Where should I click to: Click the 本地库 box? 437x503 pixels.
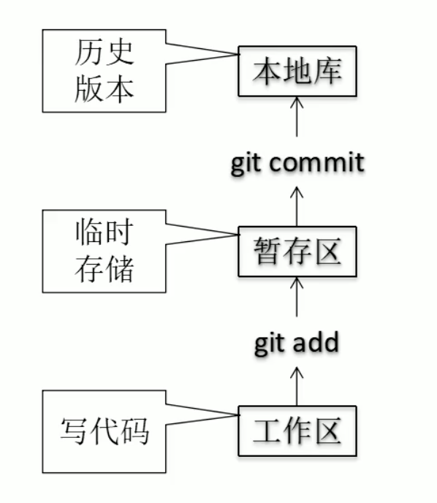click(296, 72)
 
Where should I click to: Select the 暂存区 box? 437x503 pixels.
click(296, 252)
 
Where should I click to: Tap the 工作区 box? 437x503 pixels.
click(296, 432)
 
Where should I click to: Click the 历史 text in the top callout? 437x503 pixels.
click(104, 53)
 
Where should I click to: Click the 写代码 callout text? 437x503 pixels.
click(104, 431)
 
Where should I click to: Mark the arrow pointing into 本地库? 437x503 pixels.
click(297, 117)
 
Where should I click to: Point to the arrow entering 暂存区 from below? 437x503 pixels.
click(297, 296)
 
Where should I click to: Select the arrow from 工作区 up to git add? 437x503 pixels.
click(297, 385)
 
